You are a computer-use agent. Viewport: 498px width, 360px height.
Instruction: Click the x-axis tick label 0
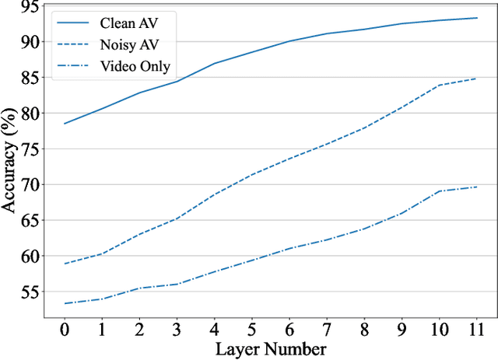coord(65,331)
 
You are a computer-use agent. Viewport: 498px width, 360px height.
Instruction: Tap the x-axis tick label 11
coord(476,331)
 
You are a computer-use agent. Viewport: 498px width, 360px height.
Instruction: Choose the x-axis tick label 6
coord(289,331)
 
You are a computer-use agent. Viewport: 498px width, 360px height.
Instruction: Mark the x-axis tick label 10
coord(438,331)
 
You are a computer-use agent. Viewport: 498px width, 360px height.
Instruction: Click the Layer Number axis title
coord(270,349)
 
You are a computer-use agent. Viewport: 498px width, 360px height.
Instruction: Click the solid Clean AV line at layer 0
coord(65,124)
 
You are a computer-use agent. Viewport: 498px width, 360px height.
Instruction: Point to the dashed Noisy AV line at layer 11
coord(476,79)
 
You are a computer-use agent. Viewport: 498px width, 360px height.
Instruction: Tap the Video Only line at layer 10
coord(438,191)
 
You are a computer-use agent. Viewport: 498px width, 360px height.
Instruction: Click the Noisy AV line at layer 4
coord(214,194)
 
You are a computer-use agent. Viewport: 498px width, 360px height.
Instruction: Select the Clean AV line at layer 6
coord(289,41)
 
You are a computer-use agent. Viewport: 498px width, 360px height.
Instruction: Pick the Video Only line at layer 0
coord(65,303)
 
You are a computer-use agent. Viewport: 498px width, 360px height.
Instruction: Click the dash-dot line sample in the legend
coord(75,66)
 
